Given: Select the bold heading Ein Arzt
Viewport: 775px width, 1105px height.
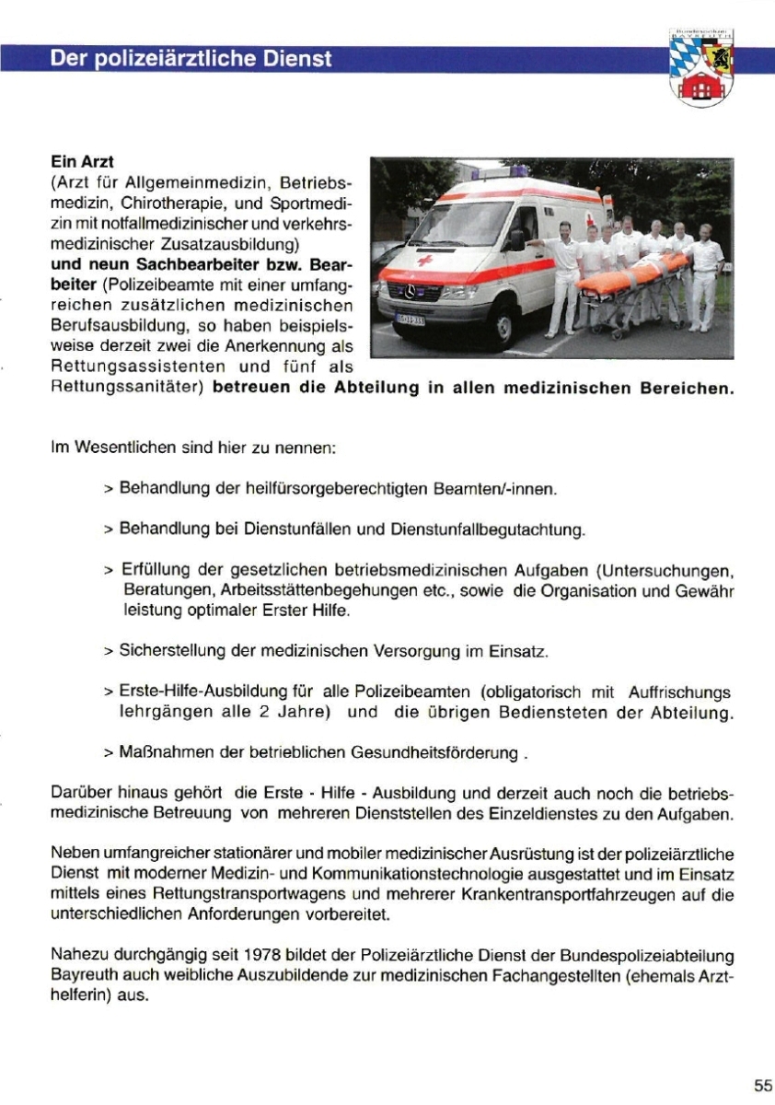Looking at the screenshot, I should [x=81, y=162].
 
